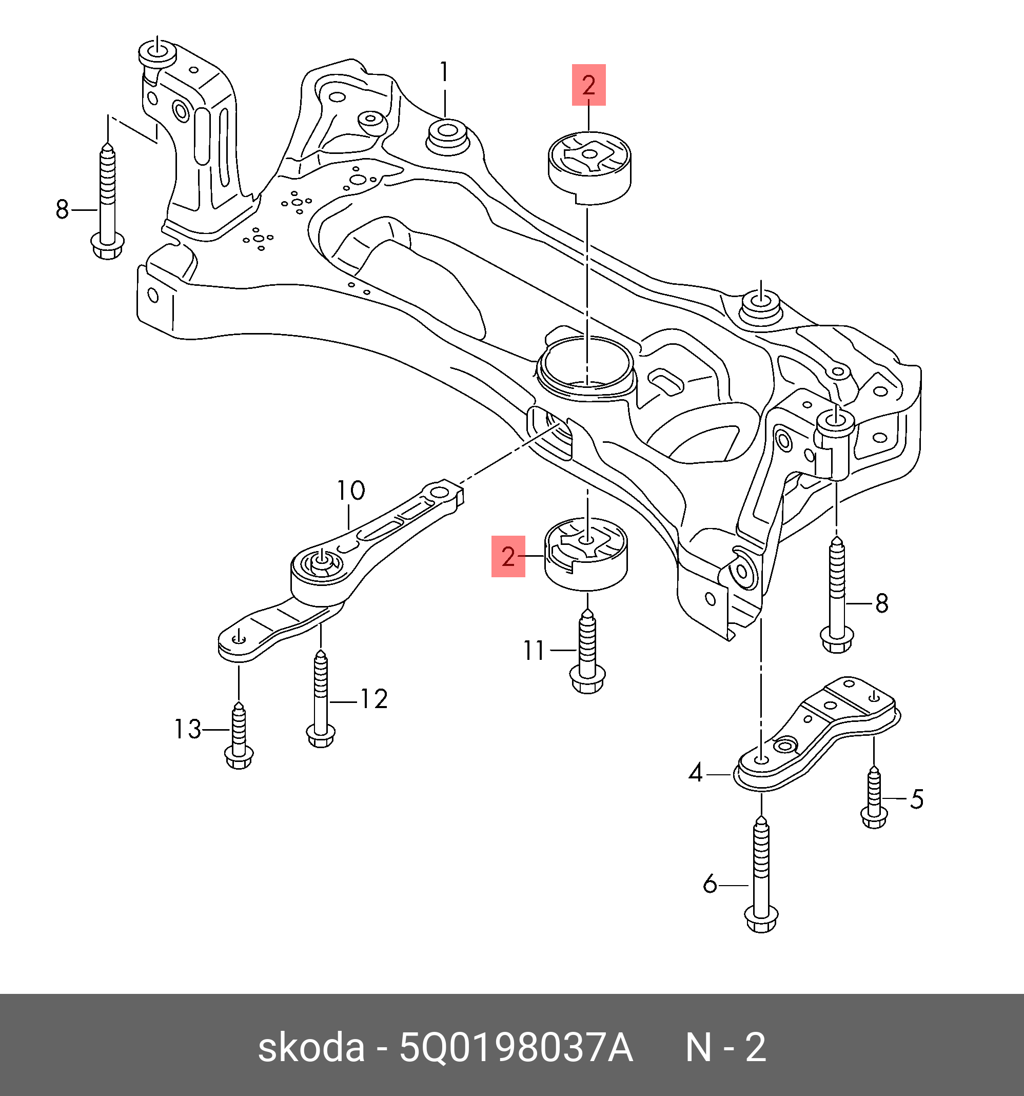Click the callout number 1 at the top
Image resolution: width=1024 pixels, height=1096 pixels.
tap(444, 73)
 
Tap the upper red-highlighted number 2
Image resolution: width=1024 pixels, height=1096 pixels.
tap(588, 85)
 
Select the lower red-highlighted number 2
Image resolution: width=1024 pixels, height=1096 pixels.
tap(508, 557)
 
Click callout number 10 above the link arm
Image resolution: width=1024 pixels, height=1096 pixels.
tap(350, 490)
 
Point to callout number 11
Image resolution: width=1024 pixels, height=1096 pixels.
tap(534, 651)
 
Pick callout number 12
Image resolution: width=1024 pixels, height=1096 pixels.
tap(374, 699)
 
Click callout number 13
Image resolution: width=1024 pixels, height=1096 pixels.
tap(188, 729)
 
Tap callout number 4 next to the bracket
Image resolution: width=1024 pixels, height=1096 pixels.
tap(696, 773)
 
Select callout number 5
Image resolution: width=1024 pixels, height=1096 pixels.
tap(916, 799)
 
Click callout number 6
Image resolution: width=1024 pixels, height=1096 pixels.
tap(710, 884)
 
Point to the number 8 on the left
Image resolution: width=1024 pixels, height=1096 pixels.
tap(62, 210)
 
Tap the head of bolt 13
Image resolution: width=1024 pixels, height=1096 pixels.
tap(239, 758)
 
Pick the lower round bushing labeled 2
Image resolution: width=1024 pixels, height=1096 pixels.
tap(586, 554)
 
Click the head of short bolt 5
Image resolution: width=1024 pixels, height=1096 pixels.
tap(874, 817)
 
